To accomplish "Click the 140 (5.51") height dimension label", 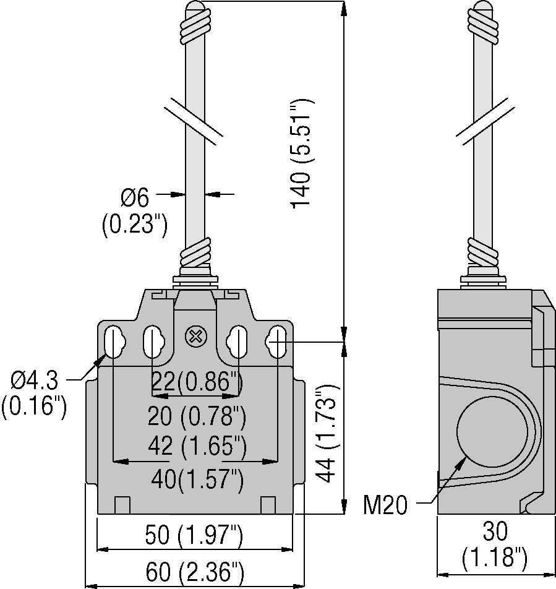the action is tap(302, 153).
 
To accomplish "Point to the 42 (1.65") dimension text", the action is tap(197, 447).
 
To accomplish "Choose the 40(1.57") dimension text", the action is tap(197, 479).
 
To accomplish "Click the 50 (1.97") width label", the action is tap(194, 535).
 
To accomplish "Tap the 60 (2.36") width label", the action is tap(195, 572).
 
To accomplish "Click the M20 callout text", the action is tap(385, 505).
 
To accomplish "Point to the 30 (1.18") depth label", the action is tap(494, 544).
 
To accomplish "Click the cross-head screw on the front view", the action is tap(195, 337).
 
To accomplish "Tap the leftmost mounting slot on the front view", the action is tap(113, 341).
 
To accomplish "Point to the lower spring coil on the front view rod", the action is tap(195, 252).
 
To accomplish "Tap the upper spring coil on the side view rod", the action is tap(484, 26).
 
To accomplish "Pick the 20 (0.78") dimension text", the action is tap(197, 416).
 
